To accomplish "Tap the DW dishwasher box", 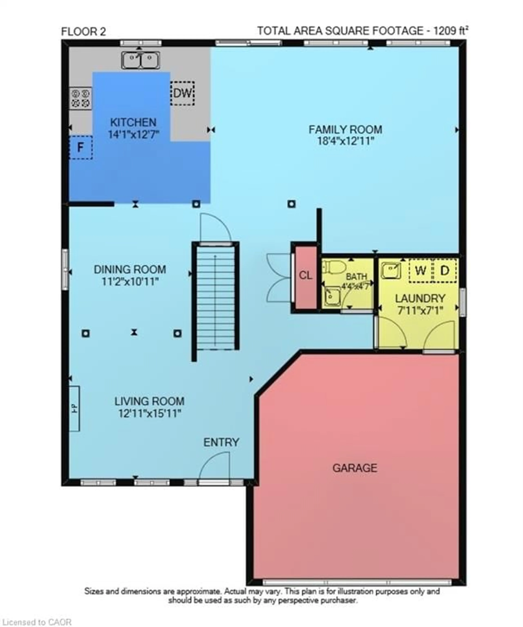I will (x=182, y=93).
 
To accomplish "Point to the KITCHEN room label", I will (x=133, y=122).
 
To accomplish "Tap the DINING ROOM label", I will (x=130, y=270).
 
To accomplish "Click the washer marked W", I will (x=420, y=271).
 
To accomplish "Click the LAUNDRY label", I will (x=420, y=298).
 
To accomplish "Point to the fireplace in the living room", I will (x=74, y=408).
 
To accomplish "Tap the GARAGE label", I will (x=355, y=468).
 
